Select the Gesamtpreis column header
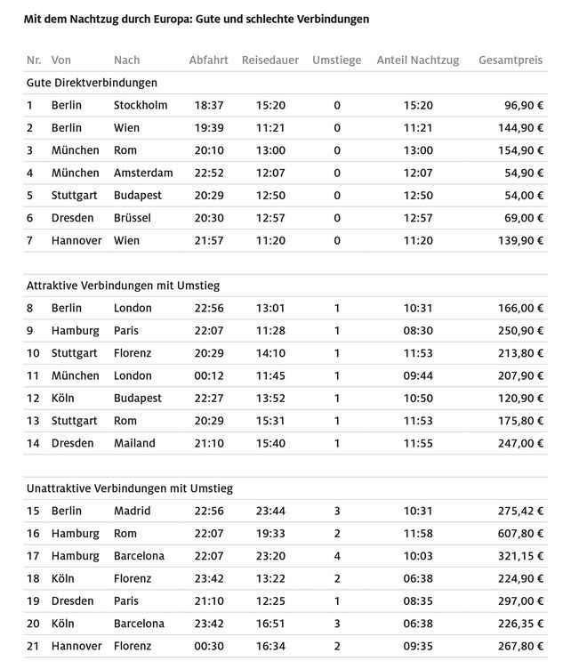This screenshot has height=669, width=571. [x=511, y=60]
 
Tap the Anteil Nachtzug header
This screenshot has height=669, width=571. [x=417, y=60]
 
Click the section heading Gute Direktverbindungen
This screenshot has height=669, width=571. [x=92, y=83]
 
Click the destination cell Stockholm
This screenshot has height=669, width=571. [x=141, y=105]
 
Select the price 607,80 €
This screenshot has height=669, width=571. [x=519, y=533]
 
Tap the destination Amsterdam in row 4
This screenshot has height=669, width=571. [x=143, y=173]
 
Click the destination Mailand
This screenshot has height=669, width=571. [x=134, y=442]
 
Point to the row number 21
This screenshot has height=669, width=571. [x=33, y=645]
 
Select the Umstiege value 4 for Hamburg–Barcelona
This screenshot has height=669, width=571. [x=337, y=555]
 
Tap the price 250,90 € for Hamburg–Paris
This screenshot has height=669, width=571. [x=519, y=330]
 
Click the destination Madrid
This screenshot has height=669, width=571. [x=132, y=511]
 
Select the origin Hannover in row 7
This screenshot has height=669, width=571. [x=76, y=240]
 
